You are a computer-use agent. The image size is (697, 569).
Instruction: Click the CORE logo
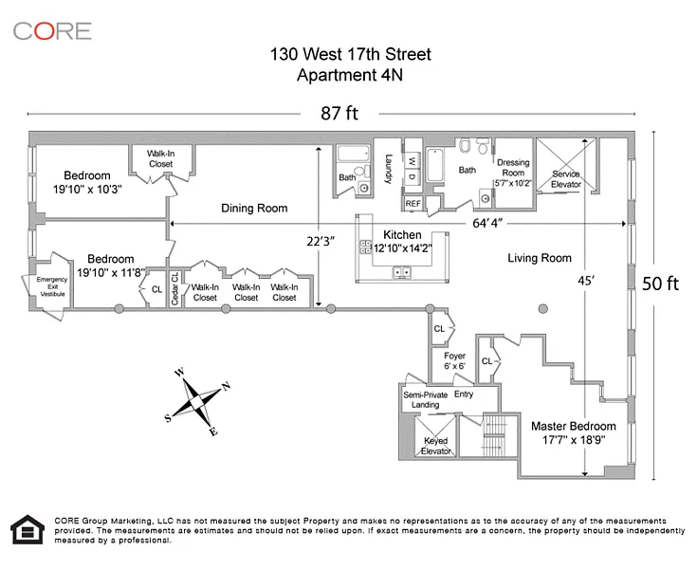pyautogui.click(x=52, y=30)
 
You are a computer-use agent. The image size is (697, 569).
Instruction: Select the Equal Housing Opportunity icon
pyautogui.click(x=27, y=531)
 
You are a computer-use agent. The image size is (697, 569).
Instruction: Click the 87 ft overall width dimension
pyautogui.click(x=339, y=115)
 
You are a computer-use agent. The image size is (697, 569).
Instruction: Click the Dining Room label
pyautogui.click(x=254, y=209)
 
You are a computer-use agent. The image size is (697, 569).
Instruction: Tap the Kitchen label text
pyautogui.click(x=402, y=234)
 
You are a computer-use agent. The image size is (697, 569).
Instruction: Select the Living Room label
pyautogui.click(x=540, y=257)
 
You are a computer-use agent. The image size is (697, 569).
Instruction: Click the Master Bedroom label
pyautogui.click(x=573, y=426)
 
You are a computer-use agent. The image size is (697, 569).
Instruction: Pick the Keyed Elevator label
pyautogui.click(x=436, y=446)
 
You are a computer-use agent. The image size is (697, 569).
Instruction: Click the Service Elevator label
pyautogui.click(x=566, y=179)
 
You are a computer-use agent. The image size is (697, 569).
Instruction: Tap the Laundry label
pyautogui.click(x=389, y=169)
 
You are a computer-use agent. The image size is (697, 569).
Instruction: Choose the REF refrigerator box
pyautogui.click(x=413, y=203)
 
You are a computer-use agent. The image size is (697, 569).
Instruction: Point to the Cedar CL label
pyautogui.click(x=174, y=288)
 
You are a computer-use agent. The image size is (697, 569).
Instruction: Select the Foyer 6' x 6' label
pyautogui.click(x=455, y=361)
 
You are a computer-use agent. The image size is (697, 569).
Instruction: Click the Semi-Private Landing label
pyautogui.click(x=421, y=399)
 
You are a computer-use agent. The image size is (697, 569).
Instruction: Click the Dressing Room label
pyautogui.click(x=513, y=167)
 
